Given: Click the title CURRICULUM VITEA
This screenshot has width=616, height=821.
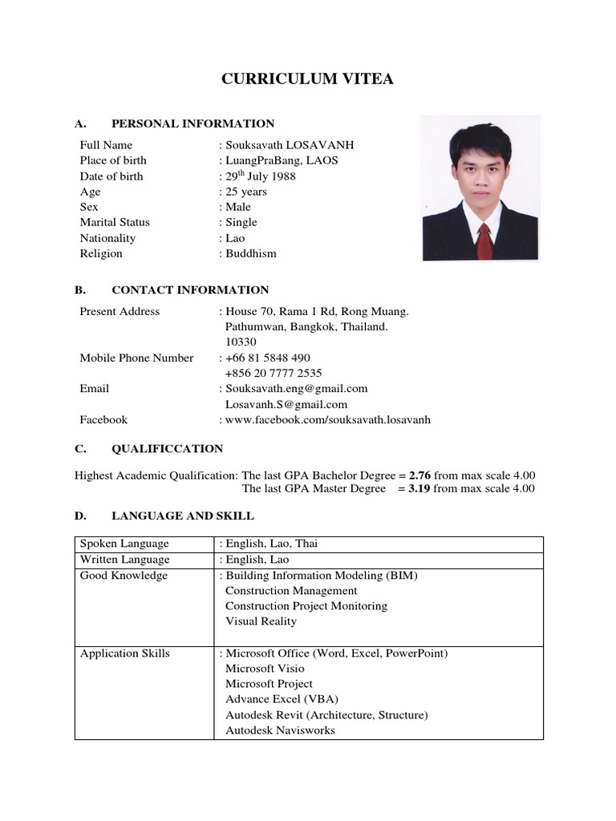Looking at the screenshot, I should pos(308,79).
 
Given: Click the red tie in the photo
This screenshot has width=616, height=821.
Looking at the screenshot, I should pos(484,241).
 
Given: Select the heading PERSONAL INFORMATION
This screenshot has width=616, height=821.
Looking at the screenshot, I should pos(192,123).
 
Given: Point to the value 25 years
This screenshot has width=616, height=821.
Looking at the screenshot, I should pos(245,192).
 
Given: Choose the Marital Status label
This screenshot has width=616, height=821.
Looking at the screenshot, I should pos(115,222).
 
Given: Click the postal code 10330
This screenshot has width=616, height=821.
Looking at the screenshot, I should pos(241,342).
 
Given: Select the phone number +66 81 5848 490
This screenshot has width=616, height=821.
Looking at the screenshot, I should pos(267,358).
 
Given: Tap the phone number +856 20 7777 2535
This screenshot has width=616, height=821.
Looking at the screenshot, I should pos(274,373).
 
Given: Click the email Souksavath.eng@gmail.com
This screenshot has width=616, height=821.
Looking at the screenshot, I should pos(296,388).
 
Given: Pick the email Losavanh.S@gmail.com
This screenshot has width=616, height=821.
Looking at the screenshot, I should pos(286,404).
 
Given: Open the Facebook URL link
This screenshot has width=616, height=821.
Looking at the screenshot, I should pos(327,419).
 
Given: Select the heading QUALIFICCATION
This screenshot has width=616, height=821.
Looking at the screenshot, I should pos(167,449).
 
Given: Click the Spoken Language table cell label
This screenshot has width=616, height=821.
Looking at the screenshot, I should pos(113,544).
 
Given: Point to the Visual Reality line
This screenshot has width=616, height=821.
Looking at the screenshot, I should pos(261,621).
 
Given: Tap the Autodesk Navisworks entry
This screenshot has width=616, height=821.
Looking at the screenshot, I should pos(280,730).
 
